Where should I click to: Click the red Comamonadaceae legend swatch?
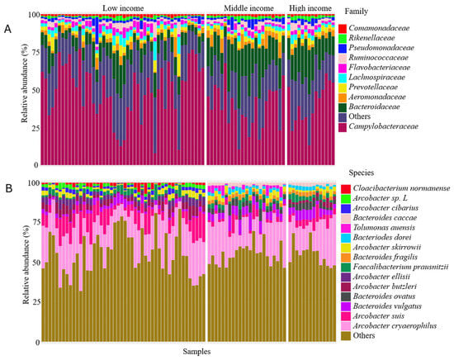tap(343, 28)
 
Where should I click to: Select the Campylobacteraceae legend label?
tap(383, 126)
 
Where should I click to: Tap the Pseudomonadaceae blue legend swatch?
tap(343, 48)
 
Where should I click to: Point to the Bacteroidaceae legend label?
tap(374, 107)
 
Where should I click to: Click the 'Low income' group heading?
tap(123, 8)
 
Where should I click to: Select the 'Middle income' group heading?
tap(248, 8)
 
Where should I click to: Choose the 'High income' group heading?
tap(310, 8)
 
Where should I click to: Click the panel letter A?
tap(7, 29)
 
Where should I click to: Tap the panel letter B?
tap(9, 188)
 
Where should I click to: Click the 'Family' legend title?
tap(356, 12)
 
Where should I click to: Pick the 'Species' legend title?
tap(361, 173)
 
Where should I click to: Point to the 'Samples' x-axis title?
tap(196, 351)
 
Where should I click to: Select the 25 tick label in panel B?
tap(35, 302)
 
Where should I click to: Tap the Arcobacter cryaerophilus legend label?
tap(395, 326)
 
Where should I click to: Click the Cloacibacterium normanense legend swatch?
tap(346, 189)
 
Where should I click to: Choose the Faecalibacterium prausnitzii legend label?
tap(400, 267)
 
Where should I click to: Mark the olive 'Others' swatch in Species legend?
tap(346, 336)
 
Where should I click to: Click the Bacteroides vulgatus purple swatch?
tap(346, 306)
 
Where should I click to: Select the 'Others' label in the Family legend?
tap(359, 116)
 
